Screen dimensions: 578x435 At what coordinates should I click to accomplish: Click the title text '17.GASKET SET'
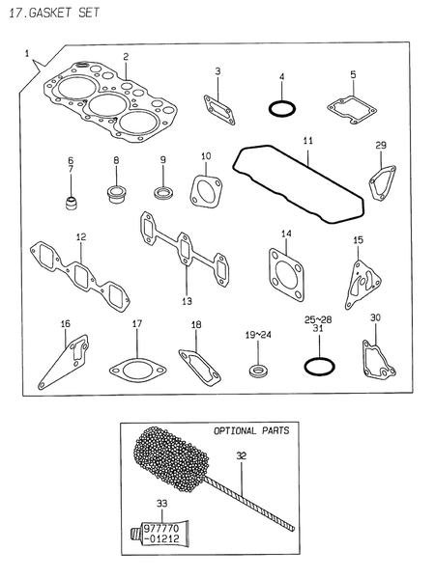(48, 14)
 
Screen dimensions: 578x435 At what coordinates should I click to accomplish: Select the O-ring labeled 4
(280, 108)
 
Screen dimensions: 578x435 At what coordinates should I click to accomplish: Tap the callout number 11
(307, 141)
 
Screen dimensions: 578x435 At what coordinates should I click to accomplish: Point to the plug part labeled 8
(116, 195)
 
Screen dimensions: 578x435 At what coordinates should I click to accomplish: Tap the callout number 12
(81, 236)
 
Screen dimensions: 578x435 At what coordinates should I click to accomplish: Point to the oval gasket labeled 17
(136, 367)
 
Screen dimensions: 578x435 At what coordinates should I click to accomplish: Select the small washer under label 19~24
(258, 370)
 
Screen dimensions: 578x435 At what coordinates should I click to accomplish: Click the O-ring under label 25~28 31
(318, 367)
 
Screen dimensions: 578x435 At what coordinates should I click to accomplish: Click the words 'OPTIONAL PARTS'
(250, 430)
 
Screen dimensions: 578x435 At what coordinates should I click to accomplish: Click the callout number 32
(241, 454)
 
